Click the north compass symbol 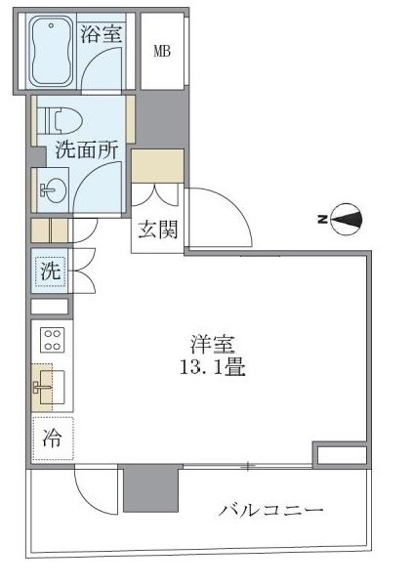coord(344,221)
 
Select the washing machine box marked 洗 coord(50,271)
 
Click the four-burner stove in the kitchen coord(51,341)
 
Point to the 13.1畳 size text coord(211,369)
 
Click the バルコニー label coord(270,509)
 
